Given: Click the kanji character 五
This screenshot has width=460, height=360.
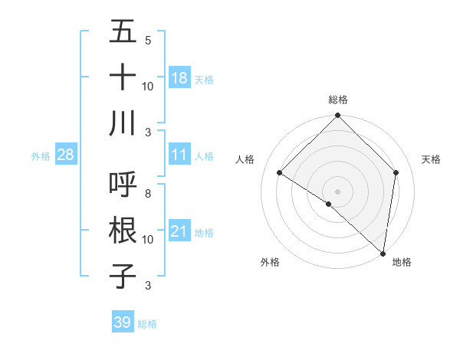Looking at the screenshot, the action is click(123, 32).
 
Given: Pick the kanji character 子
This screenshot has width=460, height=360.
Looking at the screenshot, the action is click(123, 274).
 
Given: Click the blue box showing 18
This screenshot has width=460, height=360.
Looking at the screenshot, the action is click(179, 77).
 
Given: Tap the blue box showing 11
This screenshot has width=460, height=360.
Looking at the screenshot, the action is click(179, 155).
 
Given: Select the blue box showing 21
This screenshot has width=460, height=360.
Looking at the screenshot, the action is click(179, 231).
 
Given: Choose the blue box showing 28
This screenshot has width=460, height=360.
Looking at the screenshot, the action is click(66, 155).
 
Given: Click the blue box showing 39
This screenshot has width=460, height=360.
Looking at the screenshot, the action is click(123, 322).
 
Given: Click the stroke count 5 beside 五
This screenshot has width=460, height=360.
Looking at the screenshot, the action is click(148, 41).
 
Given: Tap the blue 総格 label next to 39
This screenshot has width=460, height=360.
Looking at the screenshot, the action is click(147, 324).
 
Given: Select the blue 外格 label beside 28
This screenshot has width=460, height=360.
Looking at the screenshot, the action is click(41, 155).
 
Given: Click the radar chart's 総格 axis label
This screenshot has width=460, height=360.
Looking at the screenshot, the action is click(338, 100).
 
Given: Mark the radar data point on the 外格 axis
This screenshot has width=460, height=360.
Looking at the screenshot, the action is click(329, 204).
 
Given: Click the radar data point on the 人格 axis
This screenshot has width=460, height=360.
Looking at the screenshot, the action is click(280, 173).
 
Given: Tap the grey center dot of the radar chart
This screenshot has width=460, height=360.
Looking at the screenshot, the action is click(338, 191).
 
